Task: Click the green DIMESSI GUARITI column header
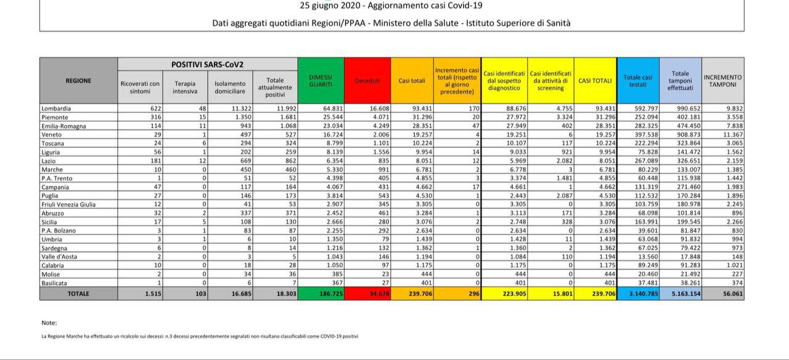321,81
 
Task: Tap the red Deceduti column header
367,81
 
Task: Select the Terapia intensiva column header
185,88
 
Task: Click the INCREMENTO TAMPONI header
722,81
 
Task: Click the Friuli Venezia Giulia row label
68,204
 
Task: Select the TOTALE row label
78,294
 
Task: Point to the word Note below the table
49,322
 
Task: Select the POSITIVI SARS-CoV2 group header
207,65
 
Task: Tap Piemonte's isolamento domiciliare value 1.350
234,117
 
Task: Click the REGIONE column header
78,81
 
